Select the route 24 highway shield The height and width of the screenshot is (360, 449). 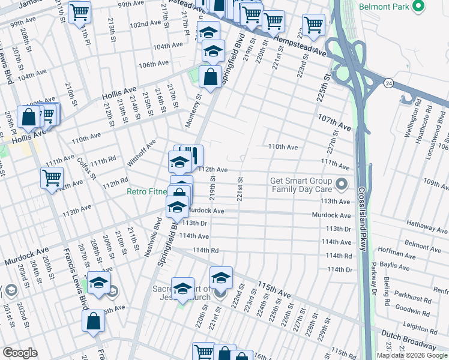(388, 83)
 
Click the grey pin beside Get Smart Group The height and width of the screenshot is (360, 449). (342, 184)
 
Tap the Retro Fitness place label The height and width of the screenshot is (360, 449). (148, 192)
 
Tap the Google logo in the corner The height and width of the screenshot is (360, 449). (20, 353)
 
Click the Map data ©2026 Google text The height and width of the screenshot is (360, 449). (412, 355)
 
